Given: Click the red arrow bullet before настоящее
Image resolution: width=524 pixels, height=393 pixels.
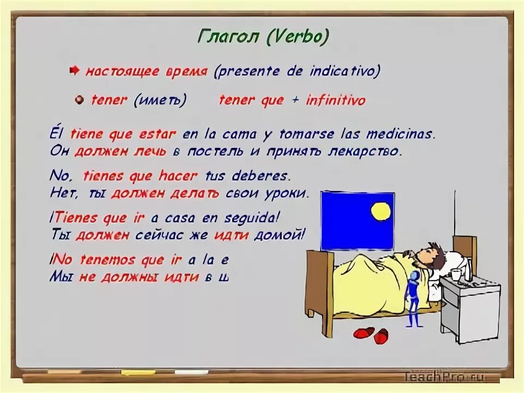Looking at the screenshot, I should pos(75,70).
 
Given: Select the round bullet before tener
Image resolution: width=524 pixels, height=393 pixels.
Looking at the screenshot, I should pos(80,100).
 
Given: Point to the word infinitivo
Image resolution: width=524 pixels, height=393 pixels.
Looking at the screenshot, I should pos(336,100).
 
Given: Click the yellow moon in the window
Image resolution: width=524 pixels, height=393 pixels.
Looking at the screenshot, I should pos(380,211).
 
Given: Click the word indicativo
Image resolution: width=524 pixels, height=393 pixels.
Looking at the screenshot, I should pos(344,71).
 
